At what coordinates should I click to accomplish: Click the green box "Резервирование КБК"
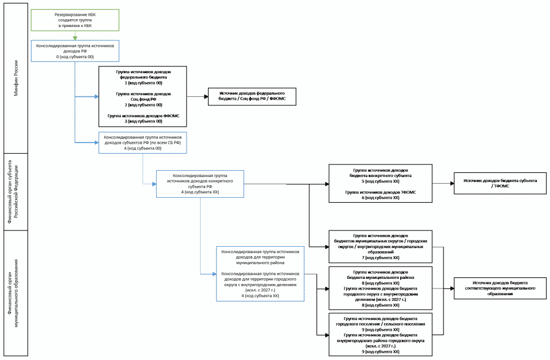75,20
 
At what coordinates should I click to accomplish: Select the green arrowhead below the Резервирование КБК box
75,38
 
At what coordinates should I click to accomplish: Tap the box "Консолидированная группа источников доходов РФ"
75,51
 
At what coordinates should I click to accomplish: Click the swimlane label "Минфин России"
16,78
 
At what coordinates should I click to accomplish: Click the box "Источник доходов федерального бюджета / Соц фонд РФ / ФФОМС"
252,96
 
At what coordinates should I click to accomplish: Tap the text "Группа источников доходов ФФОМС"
144,115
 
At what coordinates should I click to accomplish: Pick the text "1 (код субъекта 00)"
144,83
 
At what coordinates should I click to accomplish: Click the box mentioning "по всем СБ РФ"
143,143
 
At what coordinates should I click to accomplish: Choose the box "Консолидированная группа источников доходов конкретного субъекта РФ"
200,184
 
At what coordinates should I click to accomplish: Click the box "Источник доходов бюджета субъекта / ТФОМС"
500,183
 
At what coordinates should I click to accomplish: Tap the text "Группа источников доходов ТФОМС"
380,193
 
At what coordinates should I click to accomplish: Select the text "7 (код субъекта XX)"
380,257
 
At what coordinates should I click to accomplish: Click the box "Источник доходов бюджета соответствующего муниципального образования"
500,288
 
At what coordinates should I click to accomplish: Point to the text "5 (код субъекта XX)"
380,181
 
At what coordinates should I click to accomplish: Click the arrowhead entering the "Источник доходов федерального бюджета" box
206,96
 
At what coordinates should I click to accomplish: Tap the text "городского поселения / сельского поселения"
380,325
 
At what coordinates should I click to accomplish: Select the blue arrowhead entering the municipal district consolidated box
214,274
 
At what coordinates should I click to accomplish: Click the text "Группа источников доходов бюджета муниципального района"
380,275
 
